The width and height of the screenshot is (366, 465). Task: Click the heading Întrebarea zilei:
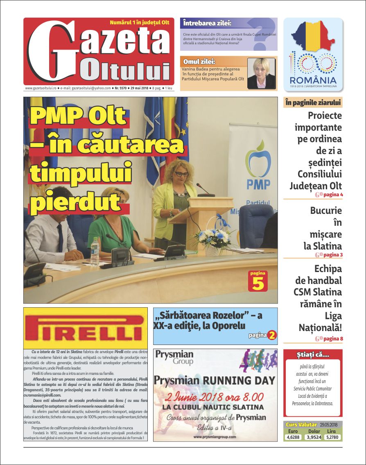207,23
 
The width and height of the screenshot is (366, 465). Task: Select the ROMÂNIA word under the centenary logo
313,80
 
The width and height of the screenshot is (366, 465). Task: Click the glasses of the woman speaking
181,174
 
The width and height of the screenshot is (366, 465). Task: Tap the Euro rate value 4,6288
293,437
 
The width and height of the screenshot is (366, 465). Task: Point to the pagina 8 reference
333,339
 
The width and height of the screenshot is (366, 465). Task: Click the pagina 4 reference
333,195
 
